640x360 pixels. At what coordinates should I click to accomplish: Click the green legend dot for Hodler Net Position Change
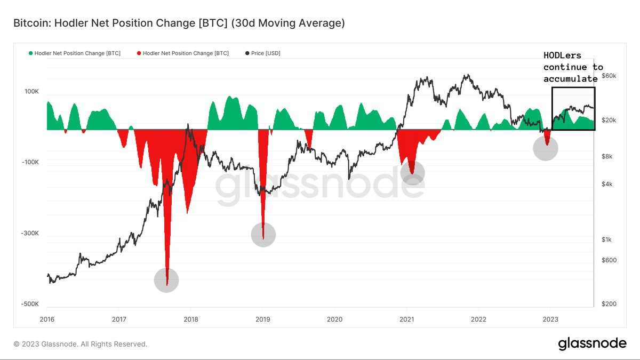pyautogui.click(x=30, y=53)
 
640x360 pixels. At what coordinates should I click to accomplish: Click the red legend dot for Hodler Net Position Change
pyautogui.click(x=139, y=53)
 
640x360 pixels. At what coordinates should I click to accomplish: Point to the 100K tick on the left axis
pyautogui.click(x=31, y=92)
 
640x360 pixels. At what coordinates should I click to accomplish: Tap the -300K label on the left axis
pyautogui.click(x=30, y=233)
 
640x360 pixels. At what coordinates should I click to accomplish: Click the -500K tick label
pyautogui.click(x=30, y=304)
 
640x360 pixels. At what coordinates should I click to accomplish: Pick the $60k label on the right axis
pyautogui.click(x=609, y=76)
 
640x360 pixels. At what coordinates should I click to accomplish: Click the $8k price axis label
pyautogui.click(x=607, y=157)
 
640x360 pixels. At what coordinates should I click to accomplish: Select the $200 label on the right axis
pyautogui.click(x=609, y=304)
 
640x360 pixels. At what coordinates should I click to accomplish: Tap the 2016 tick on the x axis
pyautogui.click(x=47, y=319)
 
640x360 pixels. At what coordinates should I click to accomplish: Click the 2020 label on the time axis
pyautogui.click(x=334, y=319)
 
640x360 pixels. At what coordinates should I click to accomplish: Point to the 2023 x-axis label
pyautogui.click(x=550, y=319)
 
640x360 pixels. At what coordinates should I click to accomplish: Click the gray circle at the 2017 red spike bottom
pyautogui.click(x=166, y=280)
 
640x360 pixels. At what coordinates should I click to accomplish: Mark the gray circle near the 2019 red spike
pyautogui.click(x=263, y=234)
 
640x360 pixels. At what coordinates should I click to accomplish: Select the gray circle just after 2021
pyautogui.click(x=412, y=173)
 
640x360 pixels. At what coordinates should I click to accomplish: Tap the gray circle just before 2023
pyautogui.click(x=546, y=148)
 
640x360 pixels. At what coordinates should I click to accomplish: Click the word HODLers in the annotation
pyautogui.click(x=562, y=55)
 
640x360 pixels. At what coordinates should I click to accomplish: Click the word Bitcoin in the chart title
pyautogui.click(x=29, y=23)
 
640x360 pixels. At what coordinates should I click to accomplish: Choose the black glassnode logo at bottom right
pyautogui.click(x=592, y=344)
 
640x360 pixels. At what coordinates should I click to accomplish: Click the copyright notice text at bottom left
pyautogui.click(x=80, y=344)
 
